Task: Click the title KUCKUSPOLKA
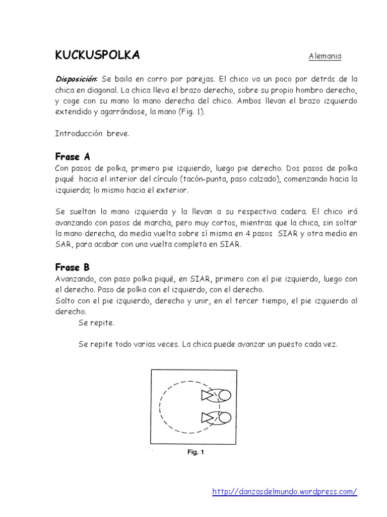coord(97,56)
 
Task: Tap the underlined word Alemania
coord(325,57)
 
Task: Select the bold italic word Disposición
coord(76,79)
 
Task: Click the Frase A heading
coord(73,157)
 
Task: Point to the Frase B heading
coord(73,267)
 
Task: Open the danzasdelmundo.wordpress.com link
coord(285,491)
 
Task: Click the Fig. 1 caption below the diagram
coord(195,452)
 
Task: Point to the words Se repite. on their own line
coord(97,322)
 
